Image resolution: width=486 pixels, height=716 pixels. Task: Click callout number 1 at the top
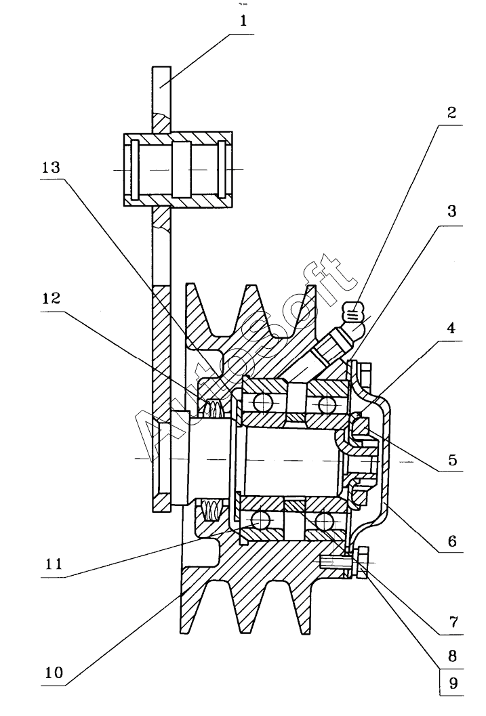pos(243,20)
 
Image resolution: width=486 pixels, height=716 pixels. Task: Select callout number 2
pos(451,112)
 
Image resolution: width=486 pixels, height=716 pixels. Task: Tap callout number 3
pos(451,211)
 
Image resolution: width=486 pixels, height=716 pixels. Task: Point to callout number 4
pos(451,328)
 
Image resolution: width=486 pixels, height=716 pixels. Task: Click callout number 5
pos(452,459)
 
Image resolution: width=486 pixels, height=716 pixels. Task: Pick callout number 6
pos(452,541)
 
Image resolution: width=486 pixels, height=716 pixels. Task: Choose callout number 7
pos(453,622)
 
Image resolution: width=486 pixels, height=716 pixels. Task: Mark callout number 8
pos(452,656)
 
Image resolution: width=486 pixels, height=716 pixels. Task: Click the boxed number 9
pos(453,683)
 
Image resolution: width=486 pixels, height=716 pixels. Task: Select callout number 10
pos(54,673)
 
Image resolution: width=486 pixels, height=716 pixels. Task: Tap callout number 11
pos(54,564)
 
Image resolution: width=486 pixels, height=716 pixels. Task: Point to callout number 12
pos(51,299)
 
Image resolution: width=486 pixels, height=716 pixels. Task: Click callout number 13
pos(51,167)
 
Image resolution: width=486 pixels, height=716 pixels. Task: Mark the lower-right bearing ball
pos(323,520)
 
